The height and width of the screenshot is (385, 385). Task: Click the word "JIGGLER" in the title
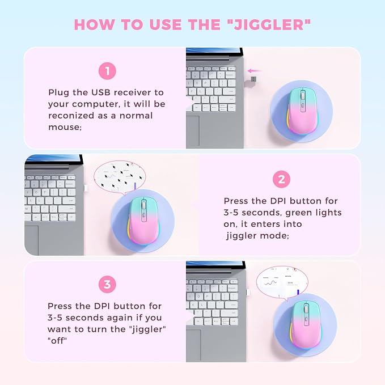pos(269,25)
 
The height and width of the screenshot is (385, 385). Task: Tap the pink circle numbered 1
pos(107,71)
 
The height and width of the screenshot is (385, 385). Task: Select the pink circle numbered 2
pos(281,180)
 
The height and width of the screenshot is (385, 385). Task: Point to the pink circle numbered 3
pos(107,285)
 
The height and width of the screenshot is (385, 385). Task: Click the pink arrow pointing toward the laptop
pos(254,71)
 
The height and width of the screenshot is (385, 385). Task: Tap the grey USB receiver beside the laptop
pos(253,79)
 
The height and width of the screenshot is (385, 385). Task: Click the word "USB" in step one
pos(101,92)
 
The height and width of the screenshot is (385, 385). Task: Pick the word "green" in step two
pos(299,213)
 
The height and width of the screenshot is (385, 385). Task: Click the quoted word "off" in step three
pos(57,341)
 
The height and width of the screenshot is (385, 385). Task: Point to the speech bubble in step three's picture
pos(282,283)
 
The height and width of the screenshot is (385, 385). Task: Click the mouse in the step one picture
pos(302,111)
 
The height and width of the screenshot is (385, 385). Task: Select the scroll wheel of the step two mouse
pos(143,204)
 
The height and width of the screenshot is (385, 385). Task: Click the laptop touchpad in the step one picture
pos(193,130)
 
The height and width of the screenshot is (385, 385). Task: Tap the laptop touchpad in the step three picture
pos(193,345)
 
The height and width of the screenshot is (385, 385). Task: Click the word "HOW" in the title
pos(95,25)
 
